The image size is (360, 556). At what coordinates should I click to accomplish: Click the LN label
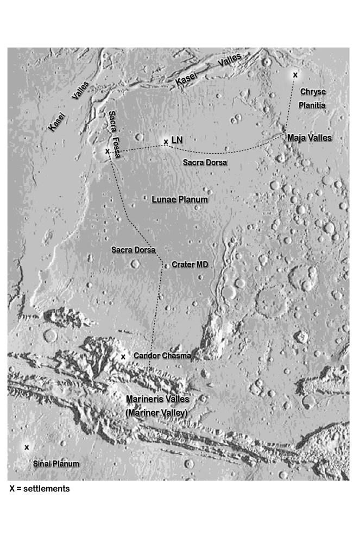pos(177,141)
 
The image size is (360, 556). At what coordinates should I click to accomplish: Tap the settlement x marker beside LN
pos(166,142)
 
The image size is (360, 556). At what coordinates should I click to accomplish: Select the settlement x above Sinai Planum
pos(26,447)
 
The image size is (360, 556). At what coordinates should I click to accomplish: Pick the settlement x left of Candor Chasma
pos(123,357)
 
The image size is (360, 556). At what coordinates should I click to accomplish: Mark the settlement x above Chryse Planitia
pos(295,74)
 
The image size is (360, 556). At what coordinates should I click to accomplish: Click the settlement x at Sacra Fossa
pos(107,151)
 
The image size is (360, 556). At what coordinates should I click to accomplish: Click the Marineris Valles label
pos(157,399)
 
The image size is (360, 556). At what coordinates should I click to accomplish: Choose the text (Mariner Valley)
pos(157,412)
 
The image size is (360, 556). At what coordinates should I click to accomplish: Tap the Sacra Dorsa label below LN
pos(205,162)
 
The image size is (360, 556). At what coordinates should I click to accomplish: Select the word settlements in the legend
pos(48,489)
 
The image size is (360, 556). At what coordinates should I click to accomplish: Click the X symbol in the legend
pos(12,489)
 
